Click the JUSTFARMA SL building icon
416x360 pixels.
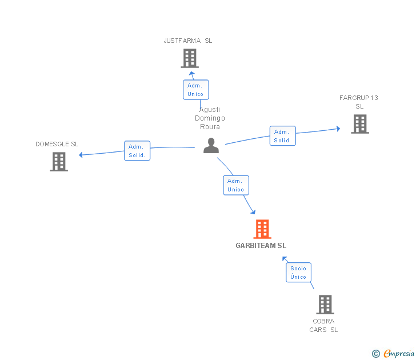[189, 58]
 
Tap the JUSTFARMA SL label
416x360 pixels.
[187, 41]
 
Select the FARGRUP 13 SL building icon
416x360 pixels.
[359, 124]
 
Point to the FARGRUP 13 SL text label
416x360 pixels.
[359, 102]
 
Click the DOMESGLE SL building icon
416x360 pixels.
[59, 162]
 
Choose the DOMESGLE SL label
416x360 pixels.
[57, 144]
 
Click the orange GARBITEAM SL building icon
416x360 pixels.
[262, 229]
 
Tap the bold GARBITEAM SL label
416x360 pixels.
[261, 246]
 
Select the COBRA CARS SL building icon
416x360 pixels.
[325, 305]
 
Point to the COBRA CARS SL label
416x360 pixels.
[323, 325]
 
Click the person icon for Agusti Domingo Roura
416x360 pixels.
[211, 146]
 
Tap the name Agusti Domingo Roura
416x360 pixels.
[210, 118]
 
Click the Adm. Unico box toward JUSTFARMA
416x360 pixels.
[195, 90]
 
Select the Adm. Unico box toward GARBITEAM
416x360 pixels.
[235, 185]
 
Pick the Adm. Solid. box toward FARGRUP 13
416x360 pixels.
[282, 136]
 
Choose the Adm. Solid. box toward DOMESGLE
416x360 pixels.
[137, 151]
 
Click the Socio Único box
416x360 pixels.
[298, 273]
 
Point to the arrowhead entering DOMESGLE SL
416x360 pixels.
[81, 155]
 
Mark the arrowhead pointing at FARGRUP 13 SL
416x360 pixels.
[338, 129]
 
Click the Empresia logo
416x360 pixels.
[393, 354]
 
